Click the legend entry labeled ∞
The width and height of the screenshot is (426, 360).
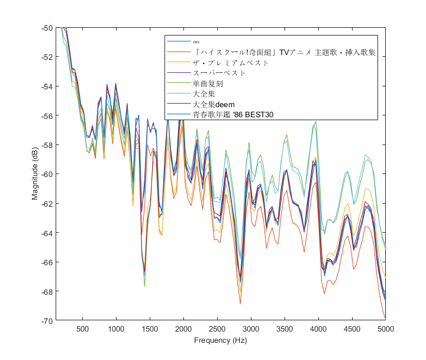point(196,42)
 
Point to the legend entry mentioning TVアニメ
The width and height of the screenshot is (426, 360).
point(284,52)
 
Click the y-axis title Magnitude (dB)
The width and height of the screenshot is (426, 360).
point(36,174)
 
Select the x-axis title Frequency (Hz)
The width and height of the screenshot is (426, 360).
point(220,340)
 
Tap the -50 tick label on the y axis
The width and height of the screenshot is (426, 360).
point(46,28)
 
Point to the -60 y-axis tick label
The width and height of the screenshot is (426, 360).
point(46,174)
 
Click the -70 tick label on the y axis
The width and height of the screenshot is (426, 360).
point(46,320)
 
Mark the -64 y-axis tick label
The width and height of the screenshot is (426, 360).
point(46,233)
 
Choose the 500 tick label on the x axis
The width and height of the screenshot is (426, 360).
point(82,329)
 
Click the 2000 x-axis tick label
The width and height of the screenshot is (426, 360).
point(183,329)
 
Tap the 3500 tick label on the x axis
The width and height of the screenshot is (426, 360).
point(285,329)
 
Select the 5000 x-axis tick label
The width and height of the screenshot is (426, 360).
point(386,329)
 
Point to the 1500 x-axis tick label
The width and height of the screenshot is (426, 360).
point(150,329)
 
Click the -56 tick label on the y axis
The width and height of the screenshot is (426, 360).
point(46,115)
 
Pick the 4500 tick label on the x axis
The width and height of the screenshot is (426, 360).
point(352,329)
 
